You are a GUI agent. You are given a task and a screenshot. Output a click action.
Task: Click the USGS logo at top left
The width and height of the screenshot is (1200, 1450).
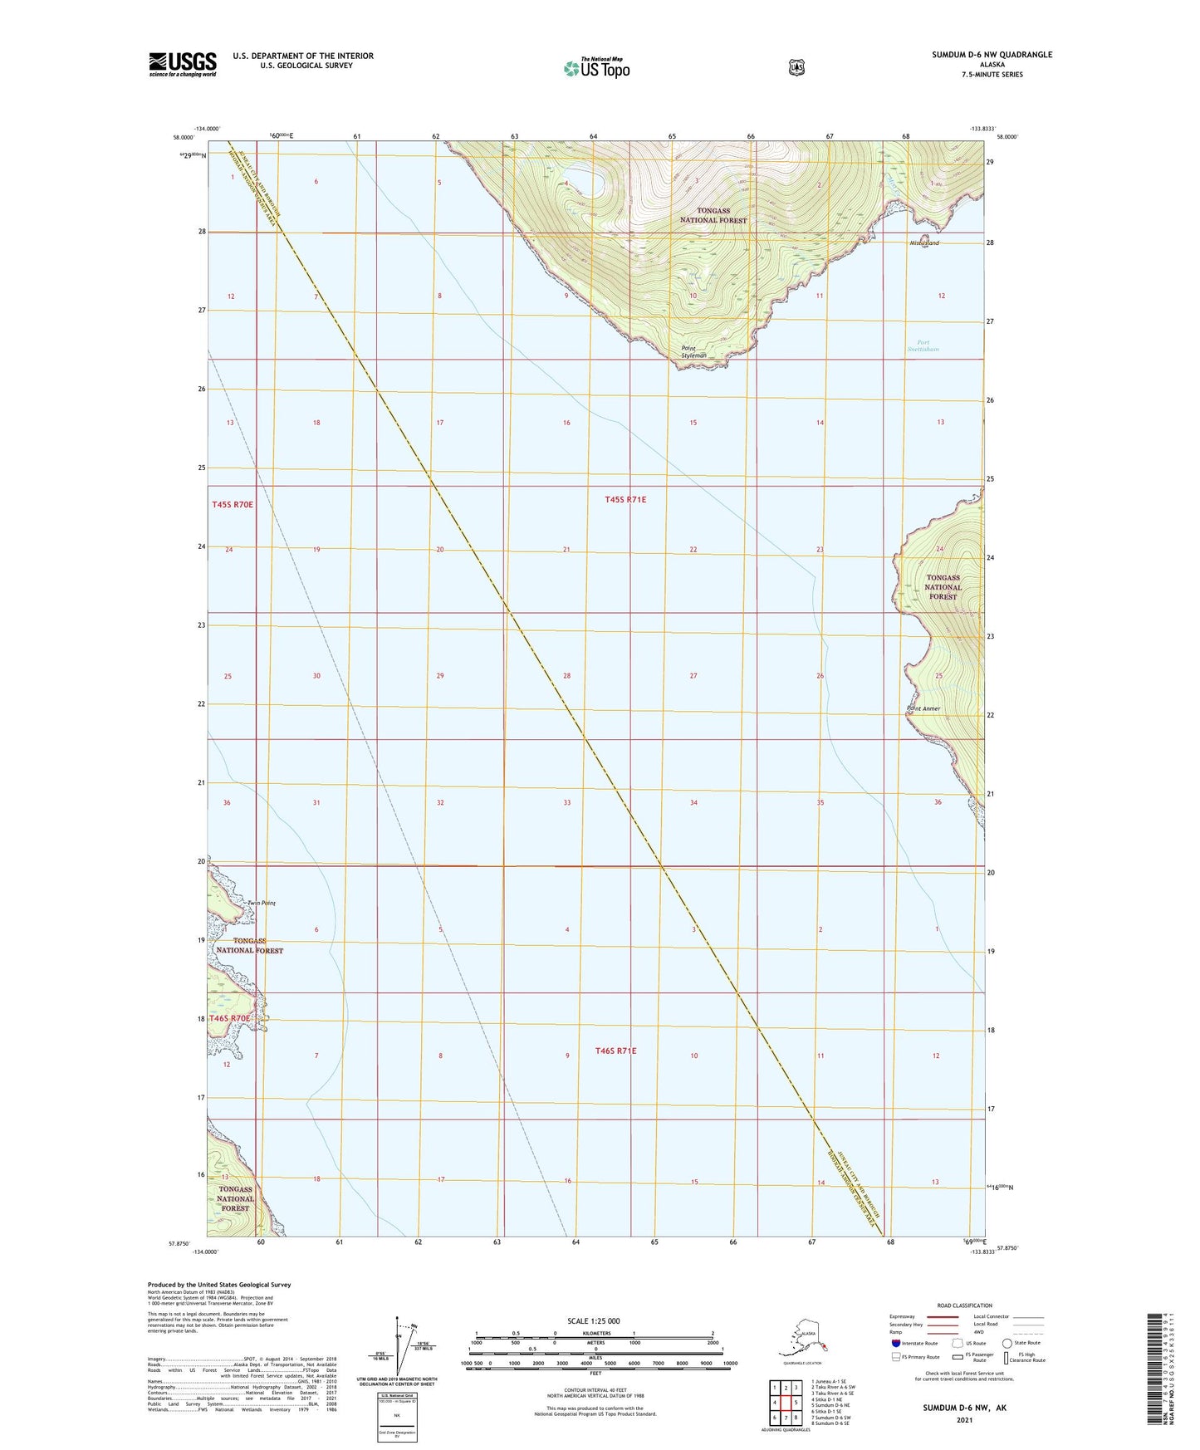coord(183,64)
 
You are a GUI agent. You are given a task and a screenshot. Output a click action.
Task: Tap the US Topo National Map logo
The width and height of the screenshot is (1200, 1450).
coord(596,67)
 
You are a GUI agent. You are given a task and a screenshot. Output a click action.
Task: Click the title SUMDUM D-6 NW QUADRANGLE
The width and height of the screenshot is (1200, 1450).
coord(992,55)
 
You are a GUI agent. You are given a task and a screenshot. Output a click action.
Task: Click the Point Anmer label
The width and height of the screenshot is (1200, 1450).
coord(923,708)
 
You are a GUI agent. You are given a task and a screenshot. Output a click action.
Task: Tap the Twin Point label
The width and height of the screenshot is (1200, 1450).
coord(261,903)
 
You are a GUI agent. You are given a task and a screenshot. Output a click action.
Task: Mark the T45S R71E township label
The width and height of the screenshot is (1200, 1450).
coord(625,499)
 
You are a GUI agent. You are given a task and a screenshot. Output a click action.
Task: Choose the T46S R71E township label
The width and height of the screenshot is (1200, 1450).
coord(615,1051)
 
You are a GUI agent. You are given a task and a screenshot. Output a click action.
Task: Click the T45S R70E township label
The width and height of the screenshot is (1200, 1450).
coord(233,504)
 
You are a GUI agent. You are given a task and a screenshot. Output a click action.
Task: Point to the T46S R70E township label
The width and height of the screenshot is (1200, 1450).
coord(229,1018)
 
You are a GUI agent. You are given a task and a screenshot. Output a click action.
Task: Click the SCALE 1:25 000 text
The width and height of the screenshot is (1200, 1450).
coord(593,1321)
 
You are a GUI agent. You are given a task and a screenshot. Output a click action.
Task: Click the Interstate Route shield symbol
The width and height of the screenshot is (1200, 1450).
coord(896,1343)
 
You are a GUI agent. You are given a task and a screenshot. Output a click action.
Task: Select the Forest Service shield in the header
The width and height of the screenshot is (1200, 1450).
coord(796,66)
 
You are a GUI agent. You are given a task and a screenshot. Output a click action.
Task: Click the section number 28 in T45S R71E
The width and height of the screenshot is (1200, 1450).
coord(567,676)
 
